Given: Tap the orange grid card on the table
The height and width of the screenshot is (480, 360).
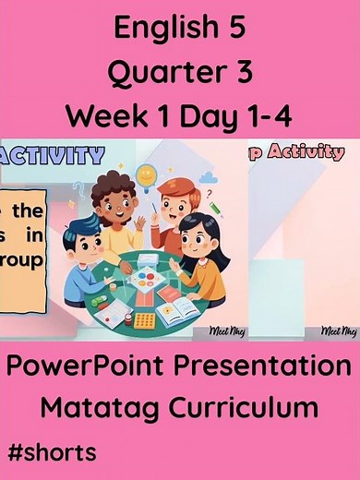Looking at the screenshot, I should pos(145,320).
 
